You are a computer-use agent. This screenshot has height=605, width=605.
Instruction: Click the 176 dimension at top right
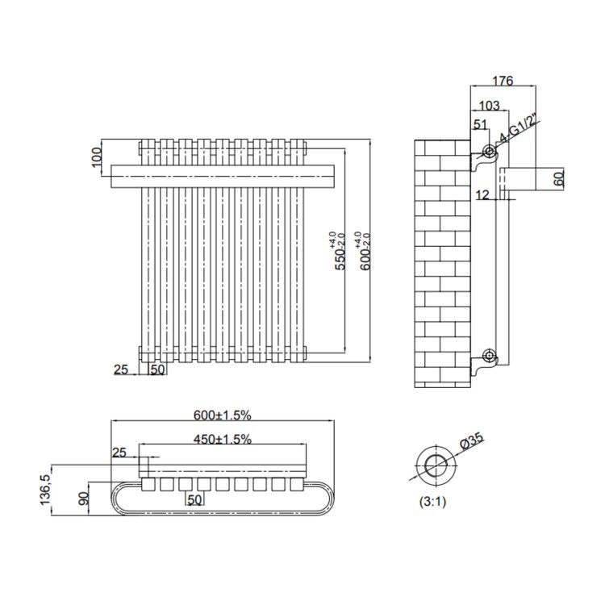click(502, 80)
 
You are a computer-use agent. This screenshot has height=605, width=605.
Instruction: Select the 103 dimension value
click(489, 106)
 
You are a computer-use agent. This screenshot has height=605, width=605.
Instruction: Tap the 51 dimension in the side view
click(481, 123)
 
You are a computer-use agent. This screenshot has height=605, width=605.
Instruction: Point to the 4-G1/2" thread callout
click(518, 129)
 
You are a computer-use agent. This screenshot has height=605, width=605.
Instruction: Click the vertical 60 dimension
click(559, 179)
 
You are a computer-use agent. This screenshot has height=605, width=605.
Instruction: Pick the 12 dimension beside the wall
click(482, 194)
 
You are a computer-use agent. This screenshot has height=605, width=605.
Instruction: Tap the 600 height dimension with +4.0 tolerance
click(365, 251)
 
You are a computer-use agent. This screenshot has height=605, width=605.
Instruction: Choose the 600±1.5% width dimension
click(223, 415)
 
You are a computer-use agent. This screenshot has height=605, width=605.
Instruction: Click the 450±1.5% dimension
click(222, 439)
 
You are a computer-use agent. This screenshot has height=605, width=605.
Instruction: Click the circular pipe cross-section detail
click(436, 465)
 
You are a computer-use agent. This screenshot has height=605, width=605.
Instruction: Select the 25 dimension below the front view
click(122, 369)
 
